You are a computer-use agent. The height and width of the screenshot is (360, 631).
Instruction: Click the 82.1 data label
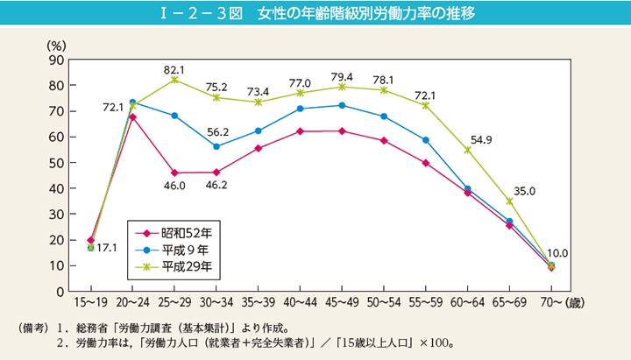click(x=174, y=67)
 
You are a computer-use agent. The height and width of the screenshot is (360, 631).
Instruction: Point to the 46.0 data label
click(x=174, y=186)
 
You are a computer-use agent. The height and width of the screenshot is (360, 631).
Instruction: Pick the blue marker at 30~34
click(x=216, y=147)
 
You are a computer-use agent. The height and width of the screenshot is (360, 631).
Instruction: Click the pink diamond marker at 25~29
click(x=174, y=173)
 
